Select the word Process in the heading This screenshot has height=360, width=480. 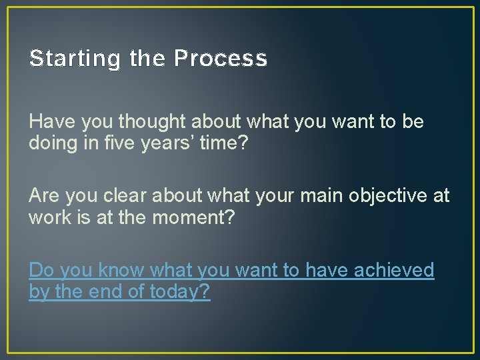coord(221,59)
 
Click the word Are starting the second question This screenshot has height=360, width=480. coord(44,196)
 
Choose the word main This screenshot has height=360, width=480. coord(317,196)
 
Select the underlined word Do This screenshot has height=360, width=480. coord(41,270)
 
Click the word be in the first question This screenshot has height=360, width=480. coord(413,122)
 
